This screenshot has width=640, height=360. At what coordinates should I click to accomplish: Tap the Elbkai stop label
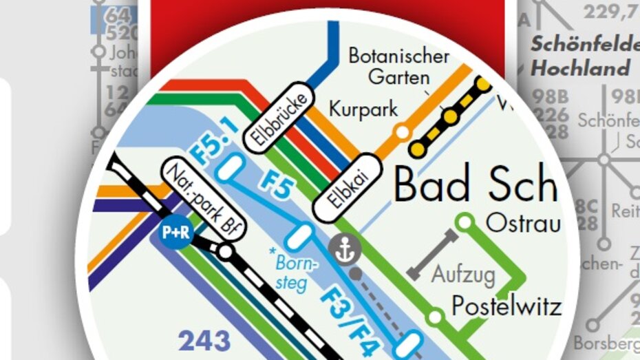pyautogui.click(x=347, y=187)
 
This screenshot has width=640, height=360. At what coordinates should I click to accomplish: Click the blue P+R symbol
pyautogui.click(x=175, y=233)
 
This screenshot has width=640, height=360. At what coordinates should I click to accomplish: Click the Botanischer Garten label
pyautogui.click(x=398, y=66)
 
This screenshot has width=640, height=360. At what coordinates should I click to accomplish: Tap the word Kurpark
pyautogui.click(x=363, y=109)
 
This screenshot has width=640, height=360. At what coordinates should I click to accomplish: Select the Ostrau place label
pyautogui.click(x=523, y=223)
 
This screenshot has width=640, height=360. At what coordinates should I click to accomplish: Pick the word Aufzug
pyautogui.click(x=463, y=275)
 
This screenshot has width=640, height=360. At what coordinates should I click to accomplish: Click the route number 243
pyautogui.click(x=204, y=341)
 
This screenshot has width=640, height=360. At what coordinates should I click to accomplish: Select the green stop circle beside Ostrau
pyautogui.click(x=466, y=222)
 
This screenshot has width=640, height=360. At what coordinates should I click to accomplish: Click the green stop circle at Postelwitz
pyautogui.click(x=434, y=317)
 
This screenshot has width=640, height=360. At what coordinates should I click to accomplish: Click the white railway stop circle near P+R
pyautogui.click(x=224, y=252)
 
